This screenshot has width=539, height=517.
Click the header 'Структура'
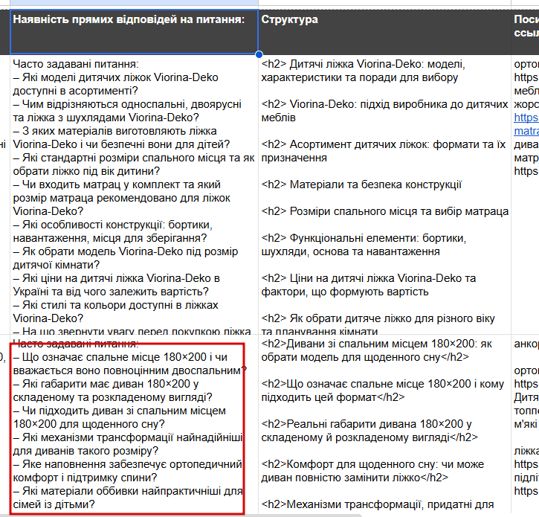click(x=289, y=19)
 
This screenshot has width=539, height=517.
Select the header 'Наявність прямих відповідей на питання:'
click(x=129, y=19)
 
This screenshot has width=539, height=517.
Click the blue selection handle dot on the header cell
click(x=259, y=54)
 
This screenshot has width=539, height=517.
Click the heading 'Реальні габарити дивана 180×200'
click(x=369, y=431)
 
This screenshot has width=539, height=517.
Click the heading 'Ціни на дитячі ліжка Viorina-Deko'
click(x=369, y=285)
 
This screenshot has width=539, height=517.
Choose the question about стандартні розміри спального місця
click(x=134, y=164)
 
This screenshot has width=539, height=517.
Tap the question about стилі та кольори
click(x=119, y=312)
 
